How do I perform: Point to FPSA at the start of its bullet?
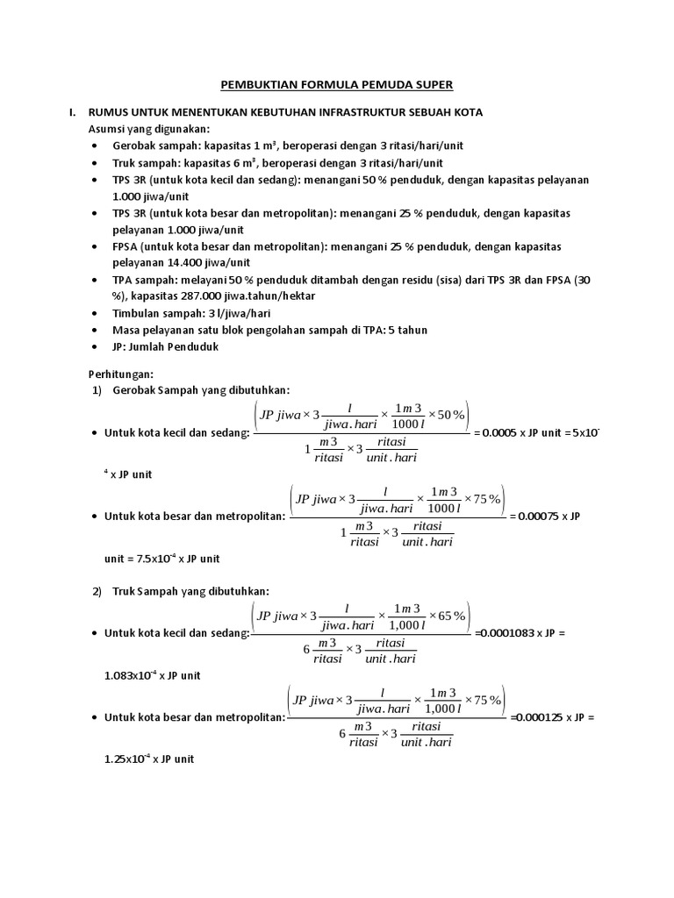[x=126, y=247]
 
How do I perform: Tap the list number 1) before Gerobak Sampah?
[x=97, y=389]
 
